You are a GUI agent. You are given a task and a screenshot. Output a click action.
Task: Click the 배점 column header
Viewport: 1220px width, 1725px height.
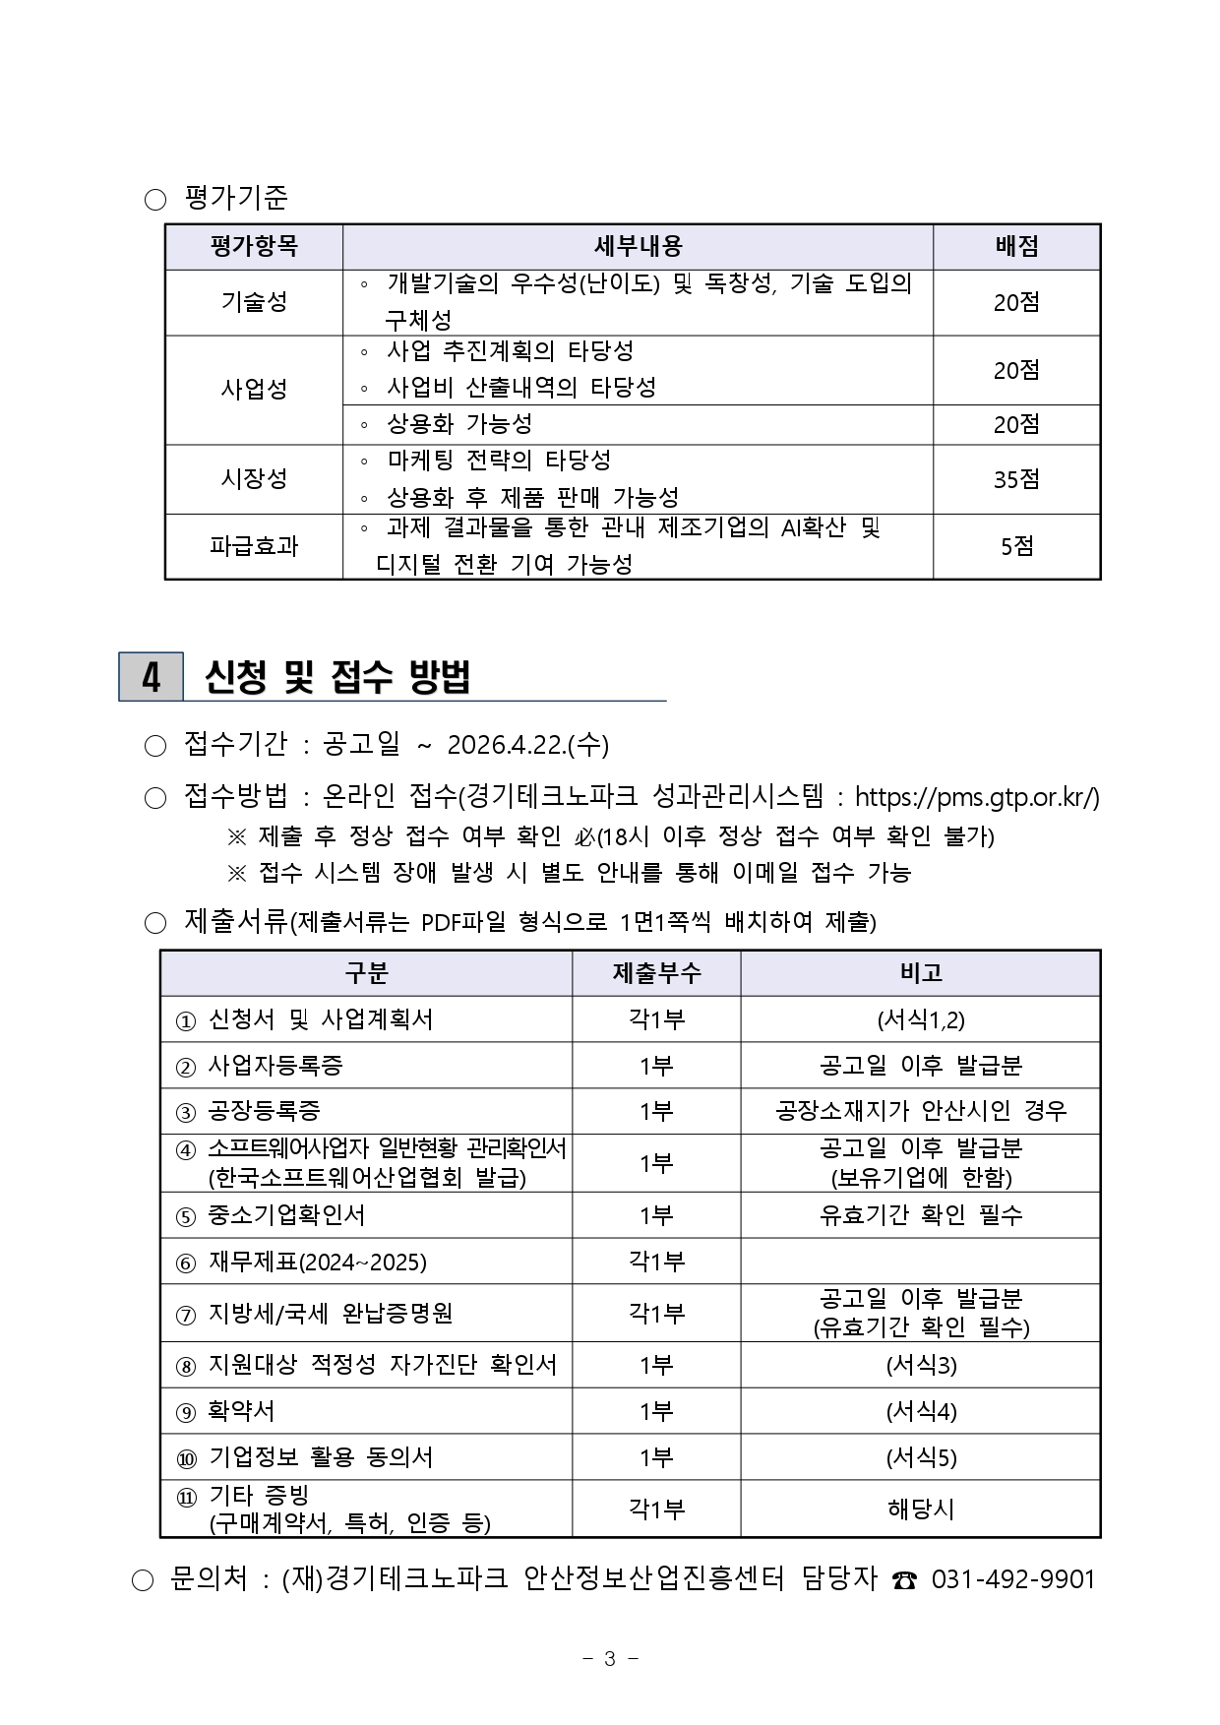(x=1016, y=246)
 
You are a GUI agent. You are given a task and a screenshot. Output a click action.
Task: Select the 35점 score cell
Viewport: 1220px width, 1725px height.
(x=1016, y=479)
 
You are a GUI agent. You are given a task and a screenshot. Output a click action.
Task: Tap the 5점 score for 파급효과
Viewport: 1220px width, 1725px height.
(x=1016, y=546)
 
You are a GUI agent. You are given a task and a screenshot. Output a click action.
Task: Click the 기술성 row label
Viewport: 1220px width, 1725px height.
(x=254, y=302)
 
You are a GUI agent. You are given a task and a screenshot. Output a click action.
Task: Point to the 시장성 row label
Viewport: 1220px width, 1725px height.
(x=254, y=479)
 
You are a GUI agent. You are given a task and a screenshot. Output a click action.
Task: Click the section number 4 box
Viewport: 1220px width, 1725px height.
(x=151, y=677)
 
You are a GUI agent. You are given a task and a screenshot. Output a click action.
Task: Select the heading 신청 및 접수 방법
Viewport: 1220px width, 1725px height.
(x=337, y=677)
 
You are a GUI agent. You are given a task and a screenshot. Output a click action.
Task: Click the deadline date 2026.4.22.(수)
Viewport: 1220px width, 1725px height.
(x=527, y=745)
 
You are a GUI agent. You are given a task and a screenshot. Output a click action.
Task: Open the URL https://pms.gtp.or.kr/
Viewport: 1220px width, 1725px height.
(x=976, y=796)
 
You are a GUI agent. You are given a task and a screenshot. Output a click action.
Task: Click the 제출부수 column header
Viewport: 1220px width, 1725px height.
(x=656, y=973)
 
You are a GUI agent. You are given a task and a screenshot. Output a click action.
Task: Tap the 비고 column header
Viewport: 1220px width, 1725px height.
(x=920, y=973)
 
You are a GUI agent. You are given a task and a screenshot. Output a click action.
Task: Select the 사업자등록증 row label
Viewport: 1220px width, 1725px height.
(x=275, y=1066)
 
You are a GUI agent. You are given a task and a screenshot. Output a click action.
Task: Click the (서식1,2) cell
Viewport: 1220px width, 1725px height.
(x=920, y=1019)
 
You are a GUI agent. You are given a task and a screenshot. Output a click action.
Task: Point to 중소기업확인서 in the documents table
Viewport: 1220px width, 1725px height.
(x=286, y=1215)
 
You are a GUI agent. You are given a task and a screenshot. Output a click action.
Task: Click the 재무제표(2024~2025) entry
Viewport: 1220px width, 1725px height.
(x=317, y=1262)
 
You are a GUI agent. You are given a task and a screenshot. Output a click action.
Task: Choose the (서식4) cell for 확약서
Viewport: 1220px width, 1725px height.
(x=920, y=1411)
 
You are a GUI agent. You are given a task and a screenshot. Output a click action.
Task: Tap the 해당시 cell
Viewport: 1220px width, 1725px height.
(x=920, y=1509)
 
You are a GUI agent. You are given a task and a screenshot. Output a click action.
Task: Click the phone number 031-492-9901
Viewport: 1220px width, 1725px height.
(x=1012, y=1579)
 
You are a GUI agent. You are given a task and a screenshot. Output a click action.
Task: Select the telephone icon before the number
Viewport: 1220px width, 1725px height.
(x=904, y=1580)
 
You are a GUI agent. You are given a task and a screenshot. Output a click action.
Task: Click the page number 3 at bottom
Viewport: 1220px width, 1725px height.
(x=610, y=1659)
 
